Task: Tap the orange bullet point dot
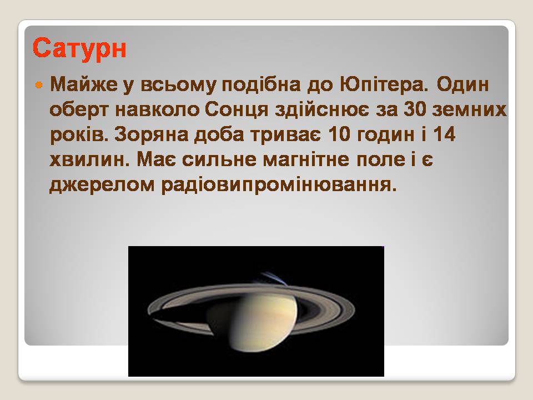pos(39,84)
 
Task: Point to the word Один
pos(462,84)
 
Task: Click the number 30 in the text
pos(415,109)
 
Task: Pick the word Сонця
pos(237,110)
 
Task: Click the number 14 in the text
pos(444,134)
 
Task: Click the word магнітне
pos(306,159)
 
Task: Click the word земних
pos(469,110)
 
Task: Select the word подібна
pos(261,84)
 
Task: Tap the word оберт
pos(79,110)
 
